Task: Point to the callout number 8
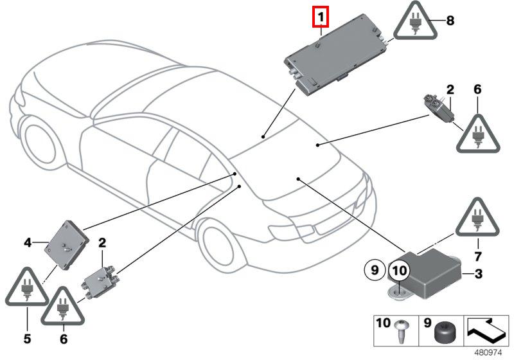pos(450,21)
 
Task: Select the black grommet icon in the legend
pos(443,331)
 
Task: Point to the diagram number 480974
pos(492,352)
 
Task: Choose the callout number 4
pos(28,242)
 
